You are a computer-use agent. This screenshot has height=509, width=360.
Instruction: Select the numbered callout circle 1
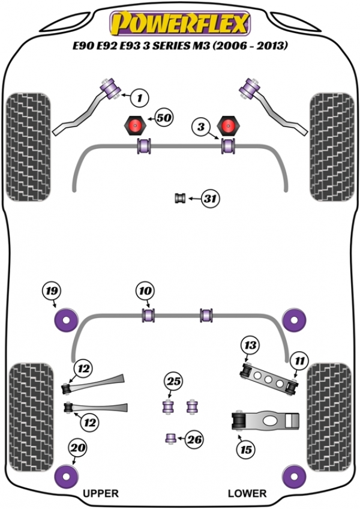[x=139, y=96]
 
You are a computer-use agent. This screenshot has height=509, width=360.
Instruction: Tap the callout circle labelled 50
[x=163, y=118]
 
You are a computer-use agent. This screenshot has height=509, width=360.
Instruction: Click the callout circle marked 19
[x=52, y=292]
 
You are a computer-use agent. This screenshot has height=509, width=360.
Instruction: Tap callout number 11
[x=299, y=361]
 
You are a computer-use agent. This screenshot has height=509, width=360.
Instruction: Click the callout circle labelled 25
[x=173, y=381]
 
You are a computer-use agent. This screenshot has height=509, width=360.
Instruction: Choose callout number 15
[x=247, y=448]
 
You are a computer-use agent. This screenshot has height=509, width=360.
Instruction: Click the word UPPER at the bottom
[x=100, y=493]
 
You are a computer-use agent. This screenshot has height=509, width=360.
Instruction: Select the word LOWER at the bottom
[x=247, y=493]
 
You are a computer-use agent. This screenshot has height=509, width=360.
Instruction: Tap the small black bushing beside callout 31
[x=178, y=198]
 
